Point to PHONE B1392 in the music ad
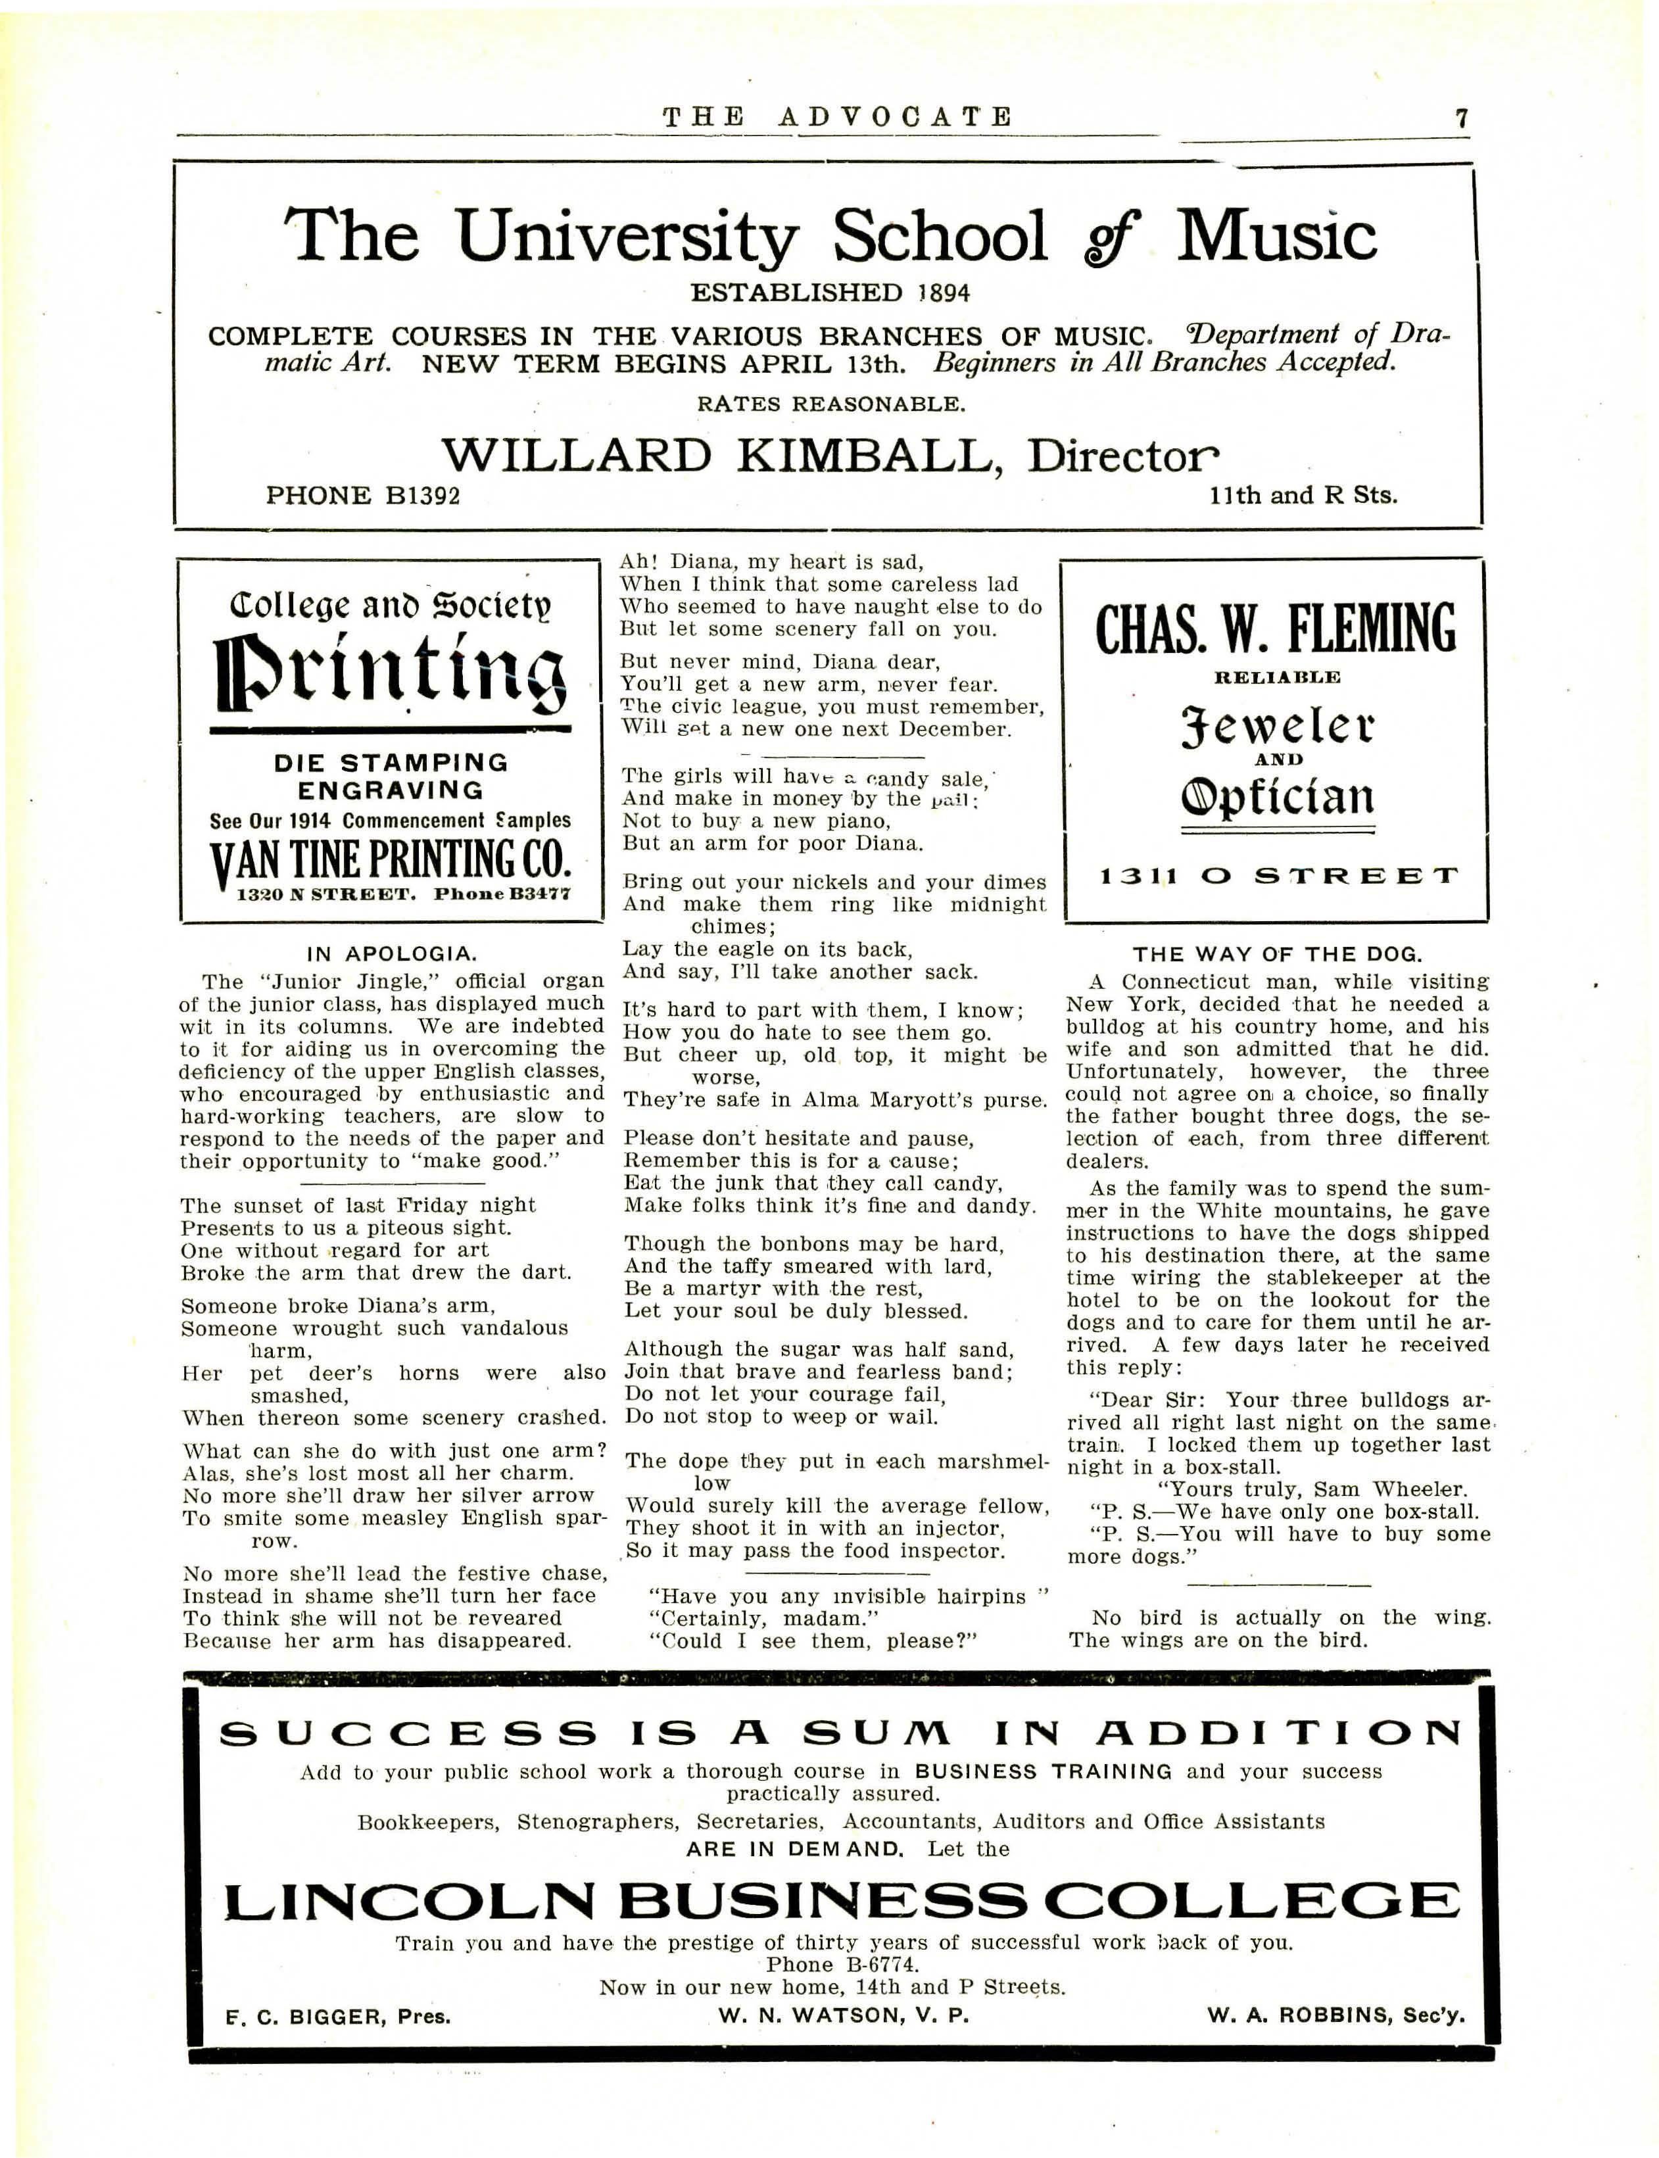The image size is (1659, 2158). (x=362, y=496)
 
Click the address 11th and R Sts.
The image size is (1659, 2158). (x=1303, y=496)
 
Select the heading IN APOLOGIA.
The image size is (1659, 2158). (x=391, y=953)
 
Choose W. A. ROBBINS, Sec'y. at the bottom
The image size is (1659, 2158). (x=1335, y=2016)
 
